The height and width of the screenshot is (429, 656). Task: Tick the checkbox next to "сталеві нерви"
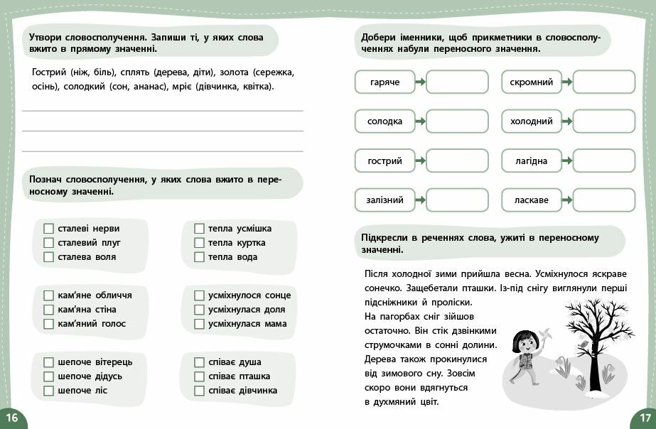pyautogui.click(x=48, y=229)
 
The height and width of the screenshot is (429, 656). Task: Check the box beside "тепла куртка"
pyautogui.click(x=199, y=243)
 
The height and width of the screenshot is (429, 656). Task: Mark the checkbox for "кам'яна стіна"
pyautogui.click(x=48, y=310)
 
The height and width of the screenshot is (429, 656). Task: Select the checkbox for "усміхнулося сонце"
pyautogui.click(x=199, y=295)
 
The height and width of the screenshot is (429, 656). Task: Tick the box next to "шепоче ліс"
pyautogui.click(x=48, y=391)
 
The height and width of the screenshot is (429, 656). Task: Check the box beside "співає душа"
pyautogui.click(x=199, y=362)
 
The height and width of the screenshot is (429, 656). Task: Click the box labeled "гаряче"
pyautogui.click(x=385, y=82)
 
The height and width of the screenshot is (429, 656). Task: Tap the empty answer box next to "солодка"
pyautogui.click(x=457, y=121)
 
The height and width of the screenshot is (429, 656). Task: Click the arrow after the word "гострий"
pyautogui.click(x=421, y=161)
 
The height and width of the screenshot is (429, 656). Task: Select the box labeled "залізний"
pyautogui.click(x=385, y=200)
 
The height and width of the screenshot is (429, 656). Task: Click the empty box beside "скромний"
pyautogui.click(x=603, y=82)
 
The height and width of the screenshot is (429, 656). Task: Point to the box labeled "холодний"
pyautogui.click(x=532, y=121)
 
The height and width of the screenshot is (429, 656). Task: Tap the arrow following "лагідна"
pyautogui.click(x=567, y=161)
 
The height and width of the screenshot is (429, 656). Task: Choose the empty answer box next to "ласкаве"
pyautogui.click(x=603, y=200)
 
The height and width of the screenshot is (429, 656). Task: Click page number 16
pyautogui.click(x=11, y=417)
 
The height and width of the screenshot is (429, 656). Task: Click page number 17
pyautogui.click(x=644, y=417)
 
